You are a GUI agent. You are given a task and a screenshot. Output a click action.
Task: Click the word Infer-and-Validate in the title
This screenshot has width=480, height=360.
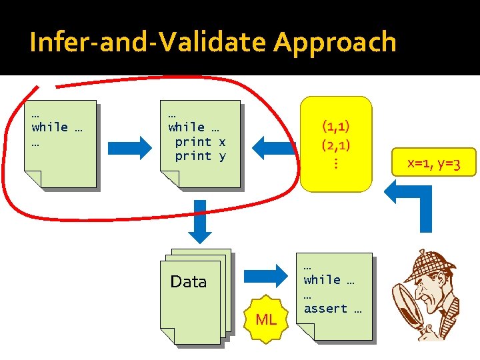click(148, 43)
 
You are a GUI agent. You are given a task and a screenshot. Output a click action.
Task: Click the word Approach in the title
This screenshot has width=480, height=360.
click(335, 43)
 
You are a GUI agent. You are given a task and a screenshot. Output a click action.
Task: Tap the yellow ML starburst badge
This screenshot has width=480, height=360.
click(266, 319)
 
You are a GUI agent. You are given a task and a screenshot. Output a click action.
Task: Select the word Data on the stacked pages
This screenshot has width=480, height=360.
click(189, 282)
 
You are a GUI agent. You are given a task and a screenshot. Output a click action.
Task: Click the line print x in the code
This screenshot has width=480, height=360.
click(200, 141)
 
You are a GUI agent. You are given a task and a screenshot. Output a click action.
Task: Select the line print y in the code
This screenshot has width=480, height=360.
click(200, 156)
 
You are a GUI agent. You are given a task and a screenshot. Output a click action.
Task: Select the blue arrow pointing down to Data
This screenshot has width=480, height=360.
click(199, 219)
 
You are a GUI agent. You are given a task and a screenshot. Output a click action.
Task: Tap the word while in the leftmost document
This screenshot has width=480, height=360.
click(49, 127)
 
